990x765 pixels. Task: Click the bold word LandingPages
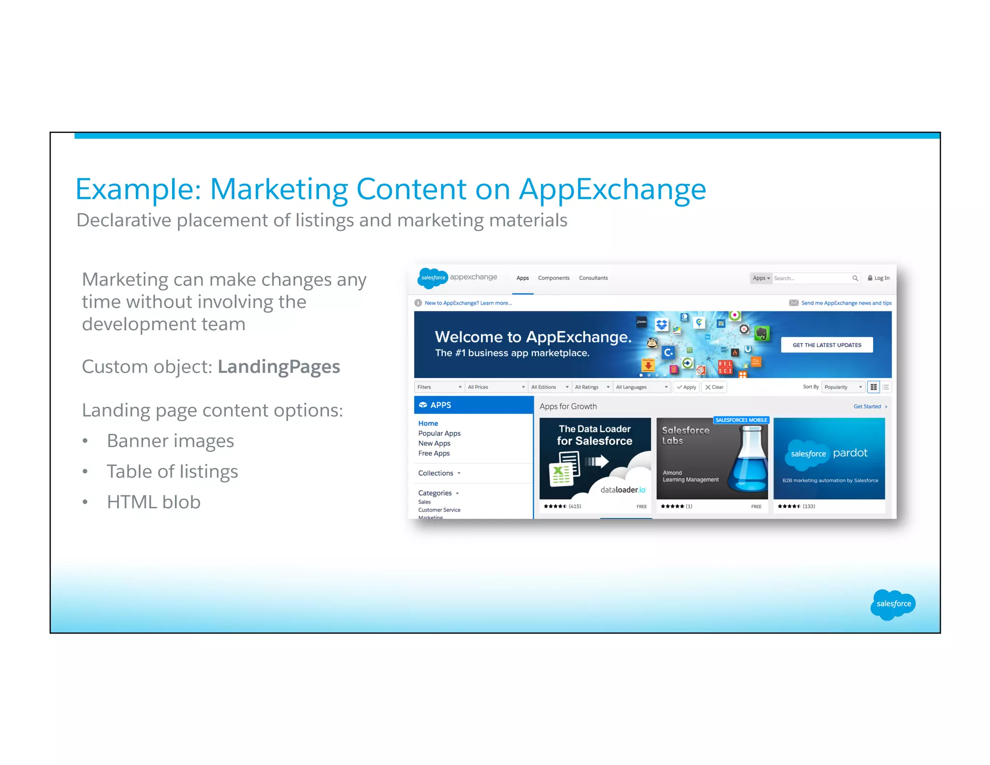pos(278,367)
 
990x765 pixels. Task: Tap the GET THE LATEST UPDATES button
pos(827,345)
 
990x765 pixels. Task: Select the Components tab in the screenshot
pos(553,278)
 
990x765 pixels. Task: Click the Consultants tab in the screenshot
pos(593,278)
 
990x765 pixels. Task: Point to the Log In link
pos(879,278)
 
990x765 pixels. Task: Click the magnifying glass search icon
pos(855,278)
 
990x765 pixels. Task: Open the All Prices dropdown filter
pos(496,387)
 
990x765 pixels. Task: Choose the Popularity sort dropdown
pos(843,387)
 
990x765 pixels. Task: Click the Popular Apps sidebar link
pos(439,433)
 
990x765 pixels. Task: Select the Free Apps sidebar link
pos(434,453)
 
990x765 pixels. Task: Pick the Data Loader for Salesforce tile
pos(595,458)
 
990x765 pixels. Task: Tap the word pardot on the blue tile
pos(850,453)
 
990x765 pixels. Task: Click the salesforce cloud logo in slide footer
pos(893,604)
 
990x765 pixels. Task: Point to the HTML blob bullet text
pos(153,502)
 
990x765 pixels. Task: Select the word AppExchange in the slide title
pos(612,189)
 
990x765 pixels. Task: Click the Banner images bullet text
pos(170,441)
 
